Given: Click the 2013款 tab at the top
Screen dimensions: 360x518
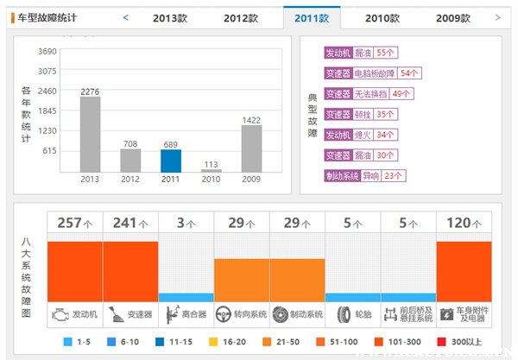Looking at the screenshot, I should [170, 17].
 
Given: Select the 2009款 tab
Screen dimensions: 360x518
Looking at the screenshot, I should [453, 17].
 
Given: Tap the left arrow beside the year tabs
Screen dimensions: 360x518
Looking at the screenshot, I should [126, 17].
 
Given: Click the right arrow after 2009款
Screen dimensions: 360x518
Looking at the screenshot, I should [497, 17].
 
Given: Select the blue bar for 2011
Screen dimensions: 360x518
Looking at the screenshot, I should [170, 161].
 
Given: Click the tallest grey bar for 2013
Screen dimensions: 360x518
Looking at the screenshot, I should [91, 134].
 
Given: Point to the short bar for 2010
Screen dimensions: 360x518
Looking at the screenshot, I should [211, 170].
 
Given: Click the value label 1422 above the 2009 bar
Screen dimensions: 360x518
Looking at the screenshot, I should [251, 120].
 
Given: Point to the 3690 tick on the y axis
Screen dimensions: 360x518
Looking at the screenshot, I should [47, 52].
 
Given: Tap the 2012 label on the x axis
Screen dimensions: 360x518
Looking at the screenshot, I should [130, 180].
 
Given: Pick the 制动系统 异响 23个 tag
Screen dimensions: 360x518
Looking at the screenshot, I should [364, 176].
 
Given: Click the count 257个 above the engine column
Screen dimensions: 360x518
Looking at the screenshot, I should [75, 223].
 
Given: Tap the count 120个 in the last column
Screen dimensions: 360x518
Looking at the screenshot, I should [464, 223].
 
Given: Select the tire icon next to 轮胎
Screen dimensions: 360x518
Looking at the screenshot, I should [343, 314].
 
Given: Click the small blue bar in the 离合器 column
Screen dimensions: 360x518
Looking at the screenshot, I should [186, 297].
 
